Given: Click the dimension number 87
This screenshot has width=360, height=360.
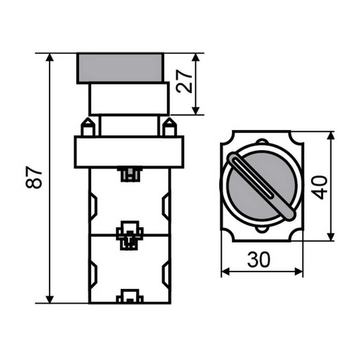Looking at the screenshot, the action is tap(34, 177).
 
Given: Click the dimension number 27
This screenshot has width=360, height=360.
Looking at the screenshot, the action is tap(184, 81).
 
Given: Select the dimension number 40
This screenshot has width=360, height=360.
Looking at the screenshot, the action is tap(319, 188).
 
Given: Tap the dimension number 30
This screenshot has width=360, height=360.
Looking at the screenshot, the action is tap(259, 260).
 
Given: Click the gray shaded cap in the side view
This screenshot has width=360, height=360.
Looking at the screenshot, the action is tap(120, 68).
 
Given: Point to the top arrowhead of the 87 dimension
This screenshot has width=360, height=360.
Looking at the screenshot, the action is tap(50, 57).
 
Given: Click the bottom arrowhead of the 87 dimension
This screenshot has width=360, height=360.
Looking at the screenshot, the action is tap(50, 299).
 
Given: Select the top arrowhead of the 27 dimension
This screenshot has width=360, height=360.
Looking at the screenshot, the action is tap(195, 57).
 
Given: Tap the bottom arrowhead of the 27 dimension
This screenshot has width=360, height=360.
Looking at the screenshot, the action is tap(195, 111).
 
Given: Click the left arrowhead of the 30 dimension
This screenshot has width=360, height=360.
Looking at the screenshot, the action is tap(225, 271).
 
